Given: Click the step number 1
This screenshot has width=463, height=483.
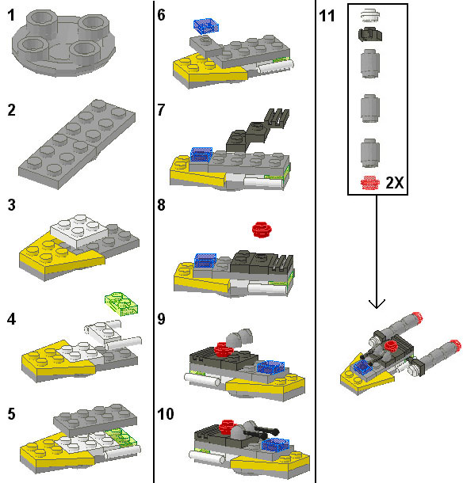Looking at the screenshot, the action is [11, 15].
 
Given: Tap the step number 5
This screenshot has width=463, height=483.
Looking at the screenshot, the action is [11, 414].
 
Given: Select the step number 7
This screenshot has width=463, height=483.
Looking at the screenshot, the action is [161, 110].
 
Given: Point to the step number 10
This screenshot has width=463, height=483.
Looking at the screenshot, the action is [166, 414].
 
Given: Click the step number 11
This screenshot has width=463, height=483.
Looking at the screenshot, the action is [327, 16].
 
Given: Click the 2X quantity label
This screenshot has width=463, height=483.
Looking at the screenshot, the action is [395, 183].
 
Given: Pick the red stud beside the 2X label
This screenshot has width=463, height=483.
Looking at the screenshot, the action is [369, 183].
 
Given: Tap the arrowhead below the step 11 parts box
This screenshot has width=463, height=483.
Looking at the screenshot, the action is [377, 303].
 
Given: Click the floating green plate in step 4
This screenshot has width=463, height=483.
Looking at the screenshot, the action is [121, 303].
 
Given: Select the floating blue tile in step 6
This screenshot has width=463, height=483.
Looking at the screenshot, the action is [206, 25].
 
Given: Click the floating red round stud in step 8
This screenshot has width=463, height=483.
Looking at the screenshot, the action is [262, 230].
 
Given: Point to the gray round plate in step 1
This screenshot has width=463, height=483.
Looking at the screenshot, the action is [64, 42].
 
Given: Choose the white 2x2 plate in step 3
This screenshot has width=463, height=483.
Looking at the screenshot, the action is [79, 231].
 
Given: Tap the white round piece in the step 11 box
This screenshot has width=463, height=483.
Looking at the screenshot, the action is [369, 16].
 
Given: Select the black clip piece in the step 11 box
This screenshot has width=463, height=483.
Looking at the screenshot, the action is [369, 34].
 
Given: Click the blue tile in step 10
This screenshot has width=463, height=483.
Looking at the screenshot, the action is [275, 444].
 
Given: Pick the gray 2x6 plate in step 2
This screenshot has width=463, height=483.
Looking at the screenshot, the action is [77, 144].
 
